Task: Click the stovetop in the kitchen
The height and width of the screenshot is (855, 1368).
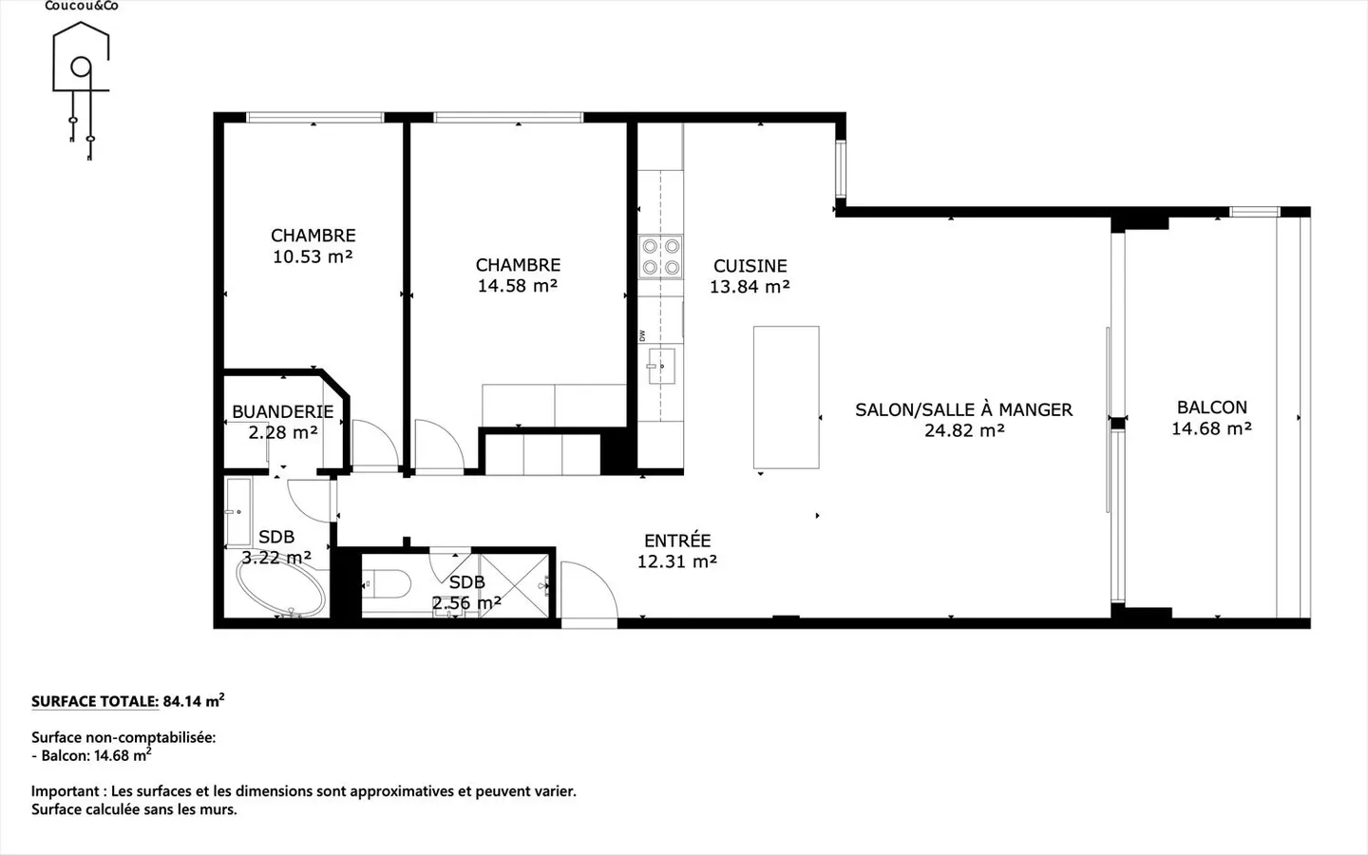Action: tap(661, 256)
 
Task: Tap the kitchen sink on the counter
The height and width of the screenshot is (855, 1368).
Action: tap(661, 366)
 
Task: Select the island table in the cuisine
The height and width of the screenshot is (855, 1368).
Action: tap(786, 397)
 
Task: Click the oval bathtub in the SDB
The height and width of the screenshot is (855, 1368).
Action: tap(281, 587)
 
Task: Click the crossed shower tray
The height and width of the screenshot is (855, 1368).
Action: tap(514, 585)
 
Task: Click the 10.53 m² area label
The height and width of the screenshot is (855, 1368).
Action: tap(313, 256)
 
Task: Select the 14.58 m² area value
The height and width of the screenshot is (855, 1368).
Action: tap(517, 286)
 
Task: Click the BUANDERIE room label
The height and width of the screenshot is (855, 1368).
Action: tap(283, 411)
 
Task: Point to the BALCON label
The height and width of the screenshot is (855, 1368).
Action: tap(1211, 407)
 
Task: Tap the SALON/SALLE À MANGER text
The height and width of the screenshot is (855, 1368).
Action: tap(963, 409)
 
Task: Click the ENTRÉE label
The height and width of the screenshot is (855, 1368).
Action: tap(677, 541)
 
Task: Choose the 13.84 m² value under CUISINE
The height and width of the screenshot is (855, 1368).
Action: tap(750, 287)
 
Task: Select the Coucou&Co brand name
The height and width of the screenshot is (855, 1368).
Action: tap(82, 6)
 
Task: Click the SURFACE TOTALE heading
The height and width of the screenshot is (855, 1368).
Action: tap(95, 701)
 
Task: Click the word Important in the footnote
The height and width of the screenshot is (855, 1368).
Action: tap(66, 791)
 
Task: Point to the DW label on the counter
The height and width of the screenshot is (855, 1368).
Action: tap(642, 335)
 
